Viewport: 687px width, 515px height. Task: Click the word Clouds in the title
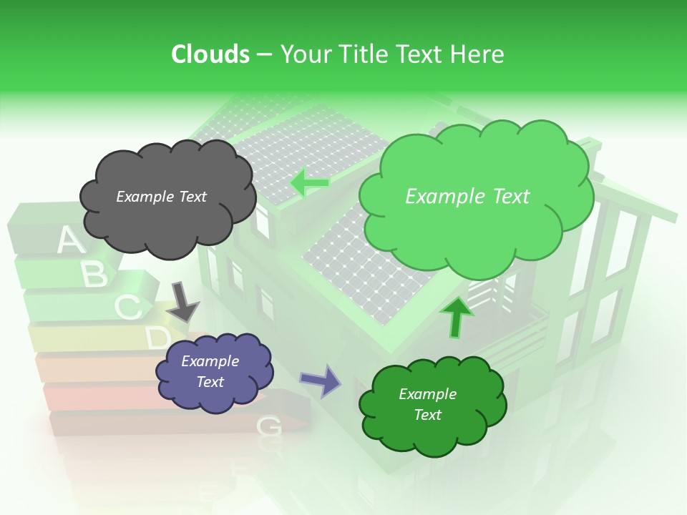click(210, 54)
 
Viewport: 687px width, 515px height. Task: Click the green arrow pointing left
click(309, 183)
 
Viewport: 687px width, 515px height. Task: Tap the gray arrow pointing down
click(183, 300)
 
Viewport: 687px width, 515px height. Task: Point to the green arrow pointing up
click(456, 317)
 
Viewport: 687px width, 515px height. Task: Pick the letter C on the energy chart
click(127, 308)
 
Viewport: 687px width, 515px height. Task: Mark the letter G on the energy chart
click(268, 426)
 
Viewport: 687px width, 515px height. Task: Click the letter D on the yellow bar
click(158, 338)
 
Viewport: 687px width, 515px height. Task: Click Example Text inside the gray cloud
click(161, 197)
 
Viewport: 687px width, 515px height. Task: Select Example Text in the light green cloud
click(467, 197)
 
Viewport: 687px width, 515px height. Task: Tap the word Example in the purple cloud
click(210, 361)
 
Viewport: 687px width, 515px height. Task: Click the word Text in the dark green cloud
click(427, 415)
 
